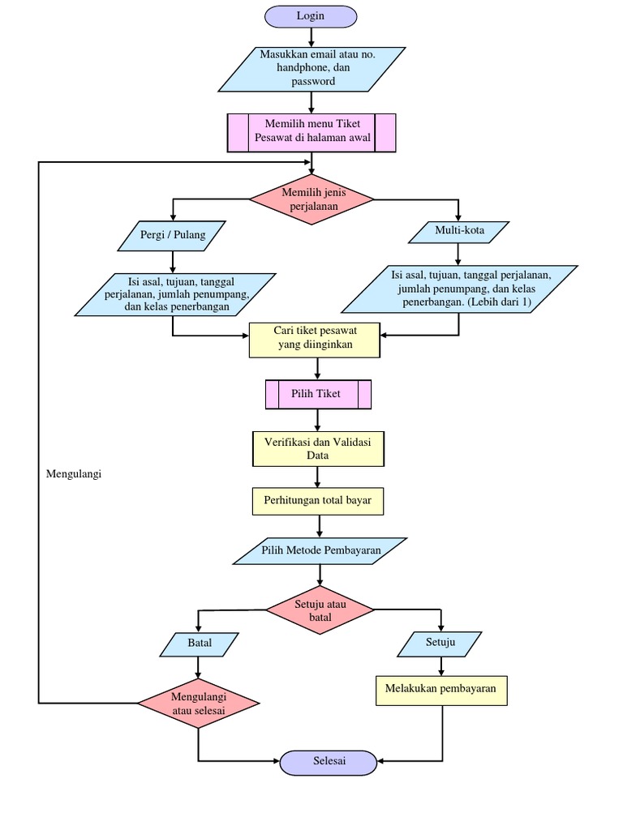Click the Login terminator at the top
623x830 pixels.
[x=311, y=16]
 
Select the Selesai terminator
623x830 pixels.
[x=329, y=761]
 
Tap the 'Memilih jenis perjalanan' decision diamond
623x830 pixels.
[x=311, y=199]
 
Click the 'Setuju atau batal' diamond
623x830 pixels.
[x=320, y=610]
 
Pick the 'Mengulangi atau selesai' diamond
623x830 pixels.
[x=198, y=704]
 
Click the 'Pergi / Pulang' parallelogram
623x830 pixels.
[x=172, y=236]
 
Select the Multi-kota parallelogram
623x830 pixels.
[x=459, y=232]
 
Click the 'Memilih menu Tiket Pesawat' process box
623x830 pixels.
[x=311, y=131]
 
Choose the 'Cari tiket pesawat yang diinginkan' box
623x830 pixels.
[x=313, y=339]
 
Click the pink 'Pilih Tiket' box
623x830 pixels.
[x=318, y=394]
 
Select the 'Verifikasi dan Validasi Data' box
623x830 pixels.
[x=317, y=448]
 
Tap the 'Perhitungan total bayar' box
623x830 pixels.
[x=317, y=501]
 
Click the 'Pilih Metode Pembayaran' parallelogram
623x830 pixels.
[x=320, y=551]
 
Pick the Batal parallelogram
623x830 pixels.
[x=200, y=644]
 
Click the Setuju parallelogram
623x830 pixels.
[x=440, y=644]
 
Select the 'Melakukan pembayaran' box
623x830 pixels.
[x=441, y=690]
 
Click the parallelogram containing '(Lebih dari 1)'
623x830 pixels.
[x=460, y=289]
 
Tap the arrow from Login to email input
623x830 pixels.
[x=311, y=37]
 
